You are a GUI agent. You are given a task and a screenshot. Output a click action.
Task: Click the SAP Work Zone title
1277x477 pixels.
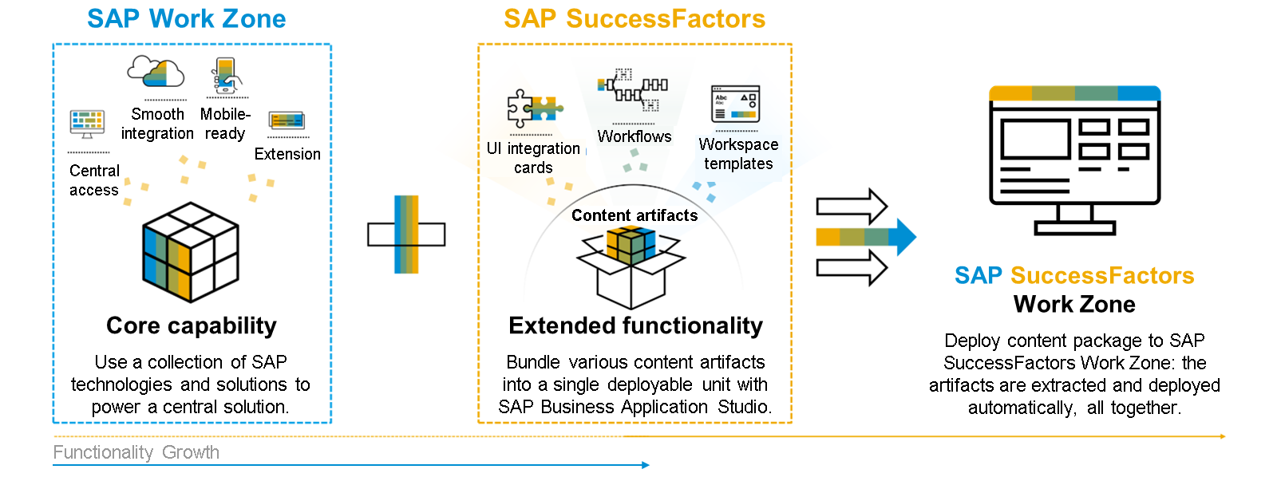[186, 18]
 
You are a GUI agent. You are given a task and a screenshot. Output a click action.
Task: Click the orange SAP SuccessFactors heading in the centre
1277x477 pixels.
[635, 18]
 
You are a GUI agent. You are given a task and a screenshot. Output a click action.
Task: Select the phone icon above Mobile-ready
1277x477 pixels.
[227, 76]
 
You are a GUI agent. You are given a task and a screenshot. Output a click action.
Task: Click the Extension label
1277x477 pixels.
[287, 154]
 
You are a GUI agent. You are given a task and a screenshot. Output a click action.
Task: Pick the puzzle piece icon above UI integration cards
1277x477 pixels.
[533, 108]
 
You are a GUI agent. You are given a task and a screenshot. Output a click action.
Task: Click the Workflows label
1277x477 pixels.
[635, 136]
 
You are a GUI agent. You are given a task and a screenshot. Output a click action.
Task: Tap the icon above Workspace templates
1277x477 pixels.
[735, 104]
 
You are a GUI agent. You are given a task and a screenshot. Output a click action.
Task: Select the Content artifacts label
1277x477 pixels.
[635, 215]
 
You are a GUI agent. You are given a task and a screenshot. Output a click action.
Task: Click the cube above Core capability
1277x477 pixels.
[191, 252]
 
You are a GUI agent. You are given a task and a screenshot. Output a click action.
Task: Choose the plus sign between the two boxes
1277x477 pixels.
[406, 235]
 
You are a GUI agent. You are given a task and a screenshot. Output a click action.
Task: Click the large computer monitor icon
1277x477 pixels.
[1074, 160]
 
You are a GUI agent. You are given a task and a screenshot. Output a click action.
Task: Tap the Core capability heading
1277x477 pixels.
[192, 325]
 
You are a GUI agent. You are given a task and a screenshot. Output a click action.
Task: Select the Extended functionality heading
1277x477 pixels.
[635, 325]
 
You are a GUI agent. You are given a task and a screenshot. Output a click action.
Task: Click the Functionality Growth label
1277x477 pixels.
[136, 452]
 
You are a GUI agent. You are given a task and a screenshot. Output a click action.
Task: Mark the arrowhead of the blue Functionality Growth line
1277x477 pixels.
[646, 464]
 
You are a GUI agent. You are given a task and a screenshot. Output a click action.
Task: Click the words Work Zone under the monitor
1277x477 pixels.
[1074, 304]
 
